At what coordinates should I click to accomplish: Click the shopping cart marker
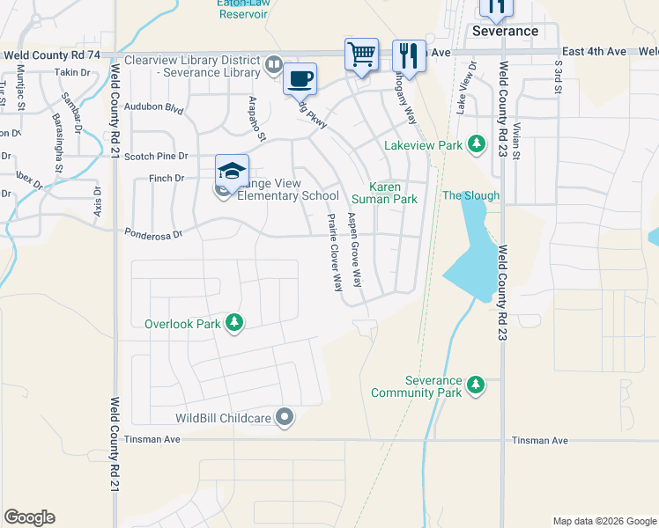coord(361,55)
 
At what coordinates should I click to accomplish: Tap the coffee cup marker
coord(300,79)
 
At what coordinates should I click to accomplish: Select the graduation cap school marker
coord(232,171)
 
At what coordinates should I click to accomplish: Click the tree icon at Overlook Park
coord(233,323)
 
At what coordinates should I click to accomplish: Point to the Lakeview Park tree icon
coord(477,143)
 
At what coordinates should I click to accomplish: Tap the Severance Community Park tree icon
coord(476,385)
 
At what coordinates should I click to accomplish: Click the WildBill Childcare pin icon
coord(284,418)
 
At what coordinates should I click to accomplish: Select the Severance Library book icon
coord(274,66)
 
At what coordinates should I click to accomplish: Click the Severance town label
coord(505,31)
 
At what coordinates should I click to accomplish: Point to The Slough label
coord(470,195)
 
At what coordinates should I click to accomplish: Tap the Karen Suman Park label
coord(392,193)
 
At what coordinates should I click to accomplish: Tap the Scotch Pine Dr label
coord(156,156)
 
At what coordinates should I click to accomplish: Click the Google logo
coord(29,517)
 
